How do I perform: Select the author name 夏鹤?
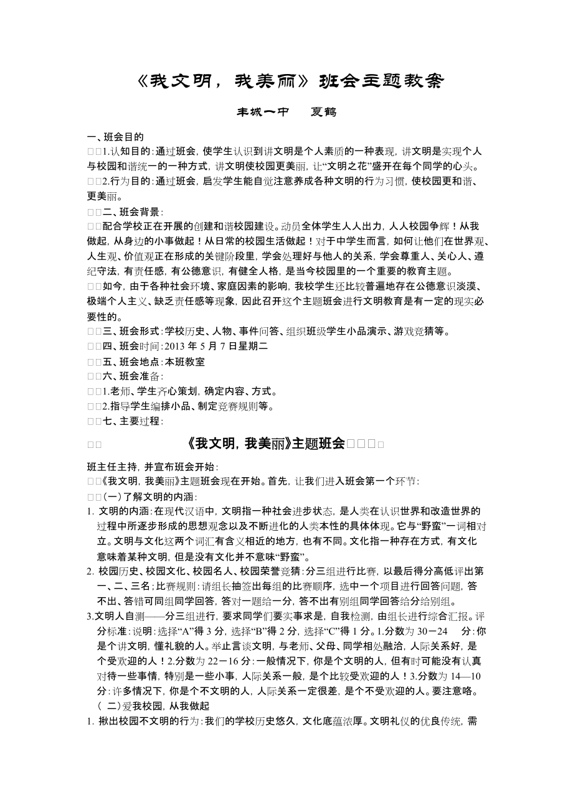coord(322,113)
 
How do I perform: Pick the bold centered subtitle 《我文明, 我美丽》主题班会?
coord(265,444)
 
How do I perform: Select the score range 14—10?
coord(465,676)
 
